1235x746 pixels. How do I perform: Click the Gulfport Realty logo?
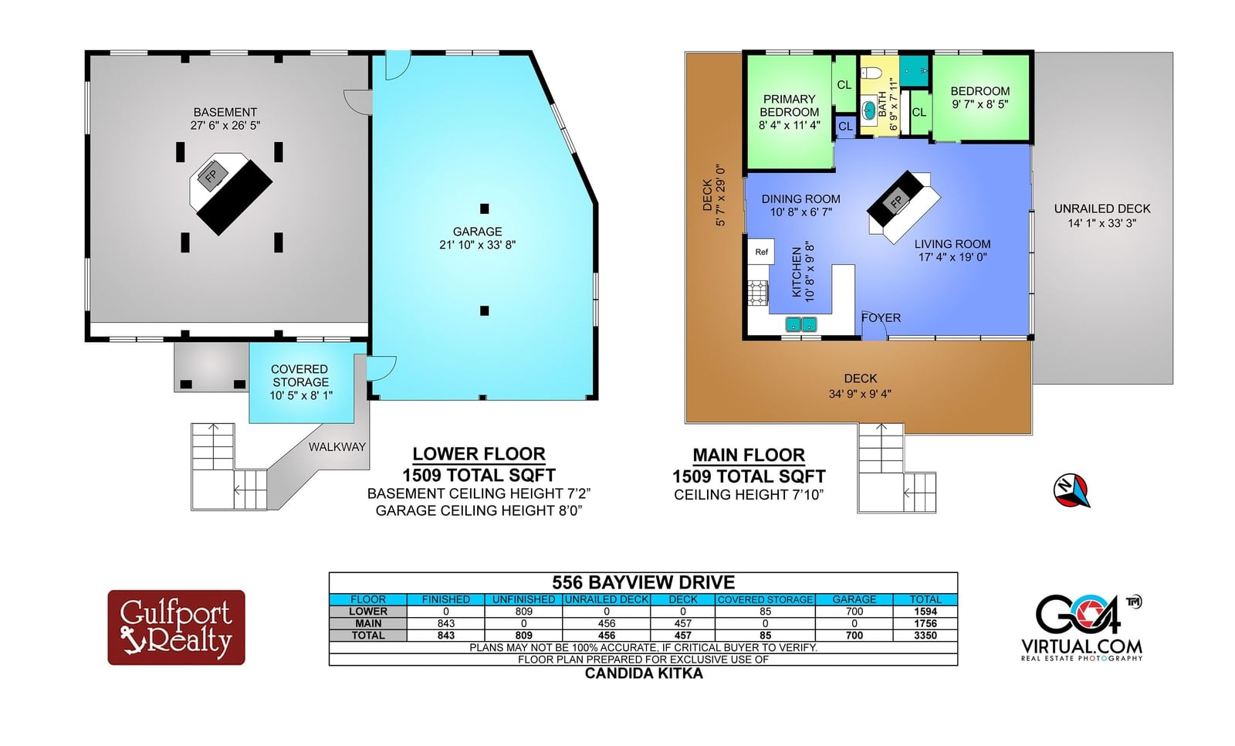click(177, 627)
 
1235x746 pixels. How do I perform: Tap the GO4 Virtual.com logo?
click(1081, 628)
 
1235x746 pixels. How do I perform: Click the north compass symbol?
click(1071, 490)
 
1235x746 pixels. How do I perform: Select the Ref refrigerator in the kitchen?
click(761, 252)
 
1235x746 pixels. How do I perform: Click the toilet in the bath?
click(871, 73)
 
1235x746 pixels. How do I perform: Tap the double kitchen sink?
click(800, 324)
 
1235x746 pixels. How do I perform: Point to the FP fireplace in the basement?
click(212, 175)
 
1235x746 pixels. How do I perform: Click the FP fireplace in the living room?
click(896, 202)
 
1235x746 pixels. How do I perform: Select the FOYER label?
click(881, 318)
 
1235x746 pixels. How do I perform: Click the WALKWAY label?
click(337, 447)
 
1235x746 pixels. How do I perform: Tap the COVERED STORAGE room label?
click(300, 375)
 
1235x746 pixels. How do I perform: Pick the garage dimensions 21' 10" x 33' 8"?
click(478, 245)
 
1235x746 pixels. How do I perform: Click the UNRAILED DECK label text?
click(1102, 209)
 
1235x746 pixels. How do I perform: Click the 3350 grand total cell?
click(925, 635)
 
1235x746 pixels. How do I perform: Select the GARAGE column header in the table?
click(854, 599)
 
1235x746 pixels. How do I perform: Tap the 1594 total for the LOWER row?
click(925, 612)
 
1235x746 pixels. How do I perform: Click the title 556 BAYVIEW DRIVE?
click(644, 583)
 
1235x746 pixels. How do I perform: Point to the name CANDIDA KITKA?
click(644, 673)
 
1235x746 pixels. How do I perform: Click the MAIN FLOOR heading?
click(749, 455)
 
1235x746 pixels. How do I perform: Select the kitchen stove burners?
click(758, 293)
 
